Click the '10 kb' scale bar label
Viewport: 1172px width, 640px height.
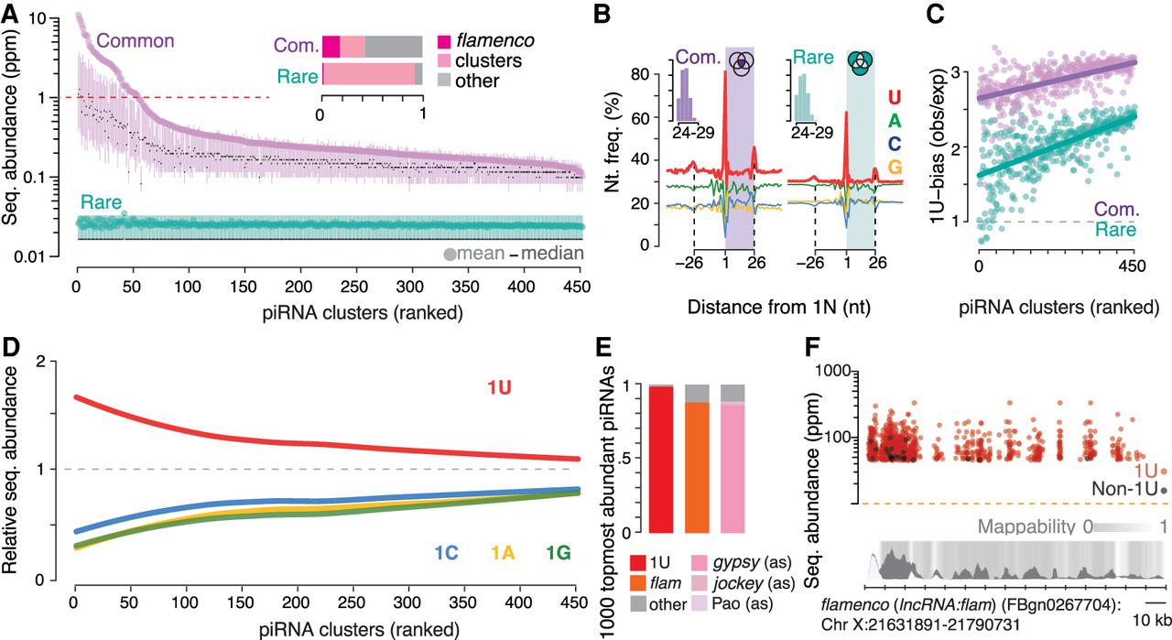pos(1152,620)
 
